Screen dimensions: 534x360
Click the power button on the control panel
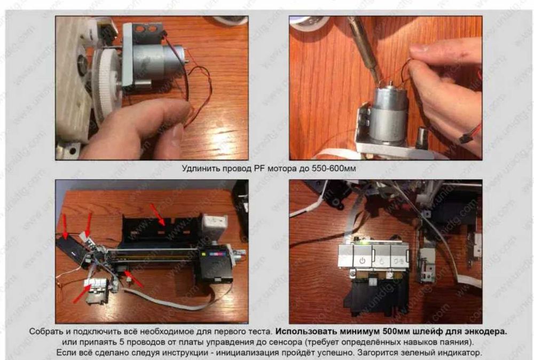click(362, 261)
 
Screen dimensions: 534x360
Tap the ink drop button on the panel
click(382, 262)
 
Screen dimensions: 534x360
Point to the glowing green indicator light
click(365, 242)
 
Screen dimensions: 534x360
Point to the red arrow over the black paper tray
click(158, 214)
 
